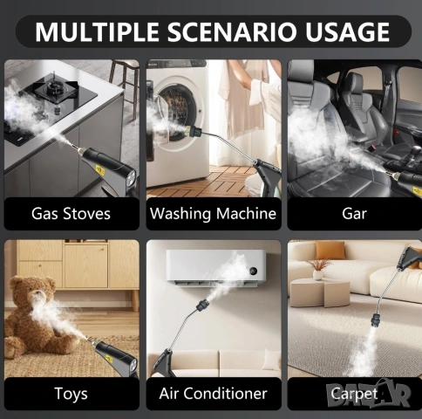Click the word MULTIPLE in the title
click(97, 31)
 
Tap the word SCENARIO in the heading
click(232, 31)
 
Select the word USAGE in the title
click(347, 31)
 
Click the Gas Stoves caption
click(71, 214)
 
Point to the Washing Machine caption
click(213, 214)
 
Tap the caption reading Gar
click(354, 214)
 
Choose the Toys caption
click(71, 394)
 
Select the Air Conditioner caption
click(213, 394)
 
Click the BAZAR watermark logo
click(369, 394)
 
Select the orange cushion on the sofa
click(330, 250)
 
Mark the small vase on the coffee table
click(317, 275)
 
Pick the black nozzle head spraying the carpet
click(377, 319)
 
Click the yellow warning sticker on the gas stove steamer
click(100, 169)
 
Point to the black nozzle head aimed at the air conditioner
click(202, 306)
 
